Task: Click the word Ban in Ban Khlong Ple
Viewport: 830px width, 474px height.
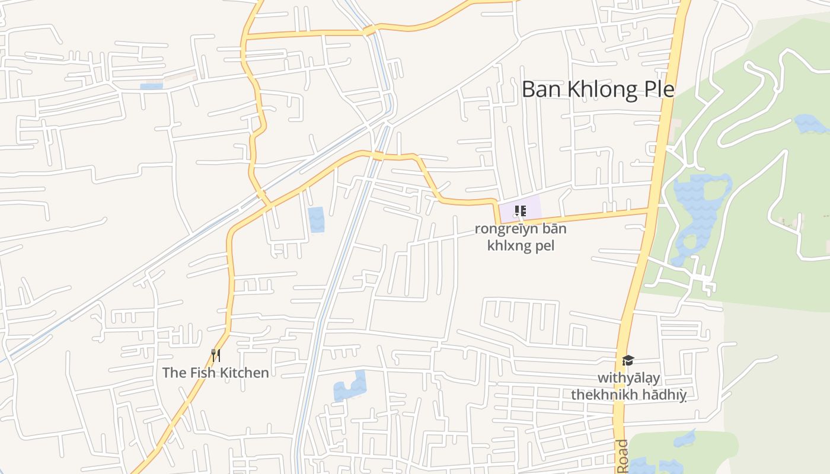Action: click(x=542, y=89)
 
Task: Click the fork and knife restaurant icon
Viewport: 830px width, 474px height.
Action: click(x=216, y=355)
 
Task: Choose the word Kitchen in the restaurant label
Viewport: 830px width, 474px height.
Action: click(x=245, y=373)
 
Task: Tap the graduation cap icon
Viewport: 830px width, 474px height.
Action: click(x=628, y=360)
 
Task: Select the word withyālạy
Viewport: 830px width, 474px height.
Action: click(x=628, y=378)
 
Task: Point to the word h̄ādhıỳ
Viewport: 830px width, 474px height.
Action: click(x=665, y=395)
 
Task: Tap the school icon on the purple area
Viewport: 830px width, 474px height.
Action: click(x=520, y=210)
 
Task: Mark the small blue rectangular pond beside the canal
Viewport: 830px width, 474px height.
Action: click(x=316, y=219)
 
